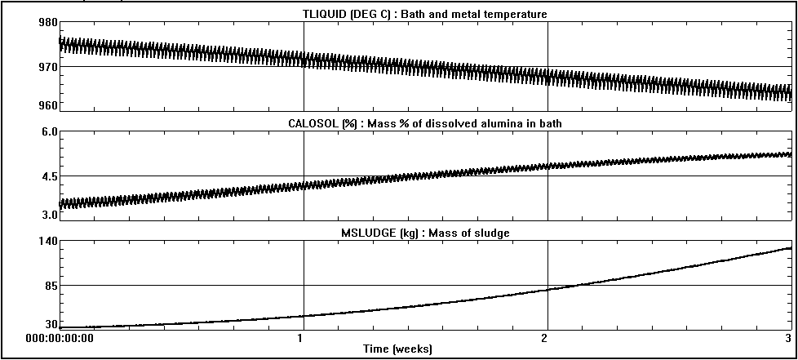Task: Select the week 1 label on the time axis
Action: point(303,337)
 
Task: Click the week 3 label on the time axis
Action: point(788,337)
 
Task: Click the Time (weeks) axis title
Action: point(398,349)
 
